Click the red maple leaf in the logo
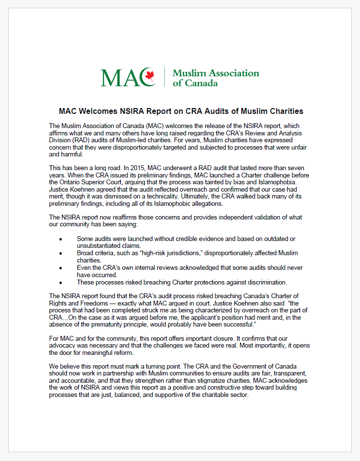point(150,76)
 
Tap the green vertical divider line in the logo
point(165,77)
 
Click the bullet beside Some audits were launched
point(61,239)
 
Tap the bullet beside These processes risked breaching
point(61,282)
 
